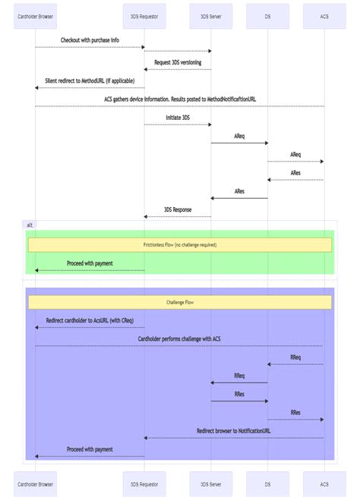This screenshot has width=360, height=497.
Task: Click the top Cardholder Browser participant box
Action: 35,16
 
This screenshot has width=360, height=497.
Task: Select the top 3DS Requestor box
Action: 144,16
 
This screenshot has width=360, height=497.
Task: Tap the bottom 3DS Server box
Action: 211,484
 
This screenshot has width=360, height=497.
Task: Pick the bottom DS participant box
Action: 267,484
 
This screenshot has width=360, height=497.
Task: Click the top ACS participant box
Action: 324,16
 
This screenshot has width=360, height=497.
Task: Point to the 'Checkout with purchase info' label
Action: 90,40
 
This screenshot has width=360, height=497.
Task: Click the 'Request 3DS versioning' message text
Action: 178,62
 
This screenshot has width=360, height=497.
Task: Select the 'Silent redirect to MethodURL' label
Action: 90,80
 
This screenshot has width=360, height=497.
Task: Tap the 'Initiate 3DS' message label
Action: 178,118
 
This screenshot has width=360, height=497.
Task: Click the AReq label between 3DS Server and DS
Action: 239,136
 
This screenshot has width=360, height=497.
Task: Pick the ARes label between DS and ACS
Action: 295,173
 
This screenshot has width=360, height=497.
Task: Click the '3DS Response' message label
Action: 178,209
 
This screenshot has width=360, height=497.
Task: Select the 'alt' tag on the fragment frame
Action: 30,225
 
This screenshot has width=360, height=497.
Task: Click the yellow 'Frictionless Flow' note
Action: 180,244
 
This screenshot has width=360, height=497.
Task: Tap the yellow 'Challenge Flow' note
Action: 180,302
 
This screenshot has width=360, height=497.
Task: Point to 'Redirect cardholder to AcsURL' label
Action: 90,320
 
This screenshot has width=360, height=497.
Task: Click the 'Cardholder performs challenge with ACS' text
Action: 179,339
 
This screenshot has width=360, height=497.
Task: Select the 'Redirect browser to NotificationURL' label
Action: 233,431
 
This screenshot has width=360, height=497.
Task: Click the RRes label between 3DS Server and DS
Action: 239,394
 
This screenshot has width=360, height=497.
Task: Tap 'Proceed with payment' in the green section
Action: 90,263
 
